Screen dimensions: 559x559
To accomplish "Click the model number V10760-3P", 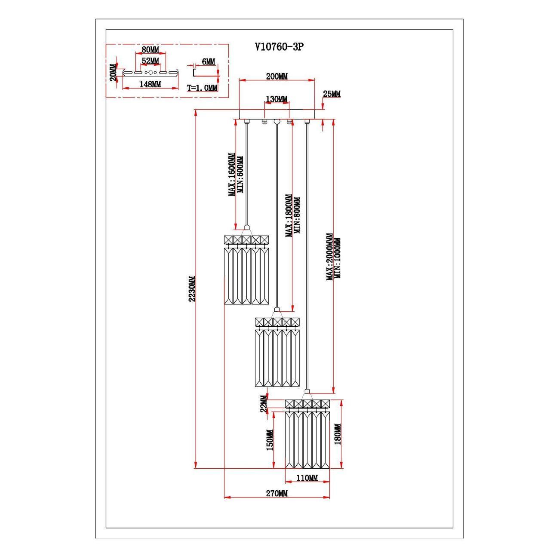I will pos(279,47).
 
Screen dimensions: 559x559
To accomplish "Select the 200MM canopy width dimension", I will pos(277,77).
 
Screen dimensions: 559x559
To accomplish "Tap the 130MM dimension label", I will pos(276,99).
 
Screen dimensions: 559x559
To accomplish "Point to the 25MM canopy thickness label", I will pos(332,94).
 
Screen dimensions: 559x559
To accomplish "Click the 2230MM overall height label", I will pos(192,289).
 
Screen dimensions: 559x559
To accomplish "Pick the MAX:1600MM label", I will pos(232,175).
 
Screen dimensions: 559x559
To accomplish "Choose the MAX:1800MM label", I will pos(289,215).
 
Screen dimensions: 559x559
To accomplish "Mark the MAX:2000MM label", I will pos(330,257).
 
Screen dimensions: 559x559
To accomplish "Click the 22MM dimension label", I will pos(264,404).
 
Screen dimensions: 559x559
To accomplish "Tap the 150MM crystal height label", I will pos(270,440).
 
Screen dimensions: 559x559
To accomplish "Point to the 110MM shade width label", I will pos(307,478).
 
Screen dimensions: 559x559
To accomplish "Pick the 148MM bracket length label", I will pos(150,84).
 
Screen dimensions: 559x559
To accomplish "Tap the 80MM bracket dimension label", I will pos(150,50).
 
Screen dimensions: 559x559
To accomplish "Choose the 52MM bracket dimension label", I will pos(150,60).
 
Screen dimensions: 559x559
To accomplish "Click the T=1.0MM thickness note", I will pos(202,88).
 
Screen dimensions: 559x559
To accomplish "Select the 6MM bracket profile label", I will pos(208,62).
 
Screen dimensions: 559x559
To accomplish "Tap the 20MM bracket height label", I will pos(113,73).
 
